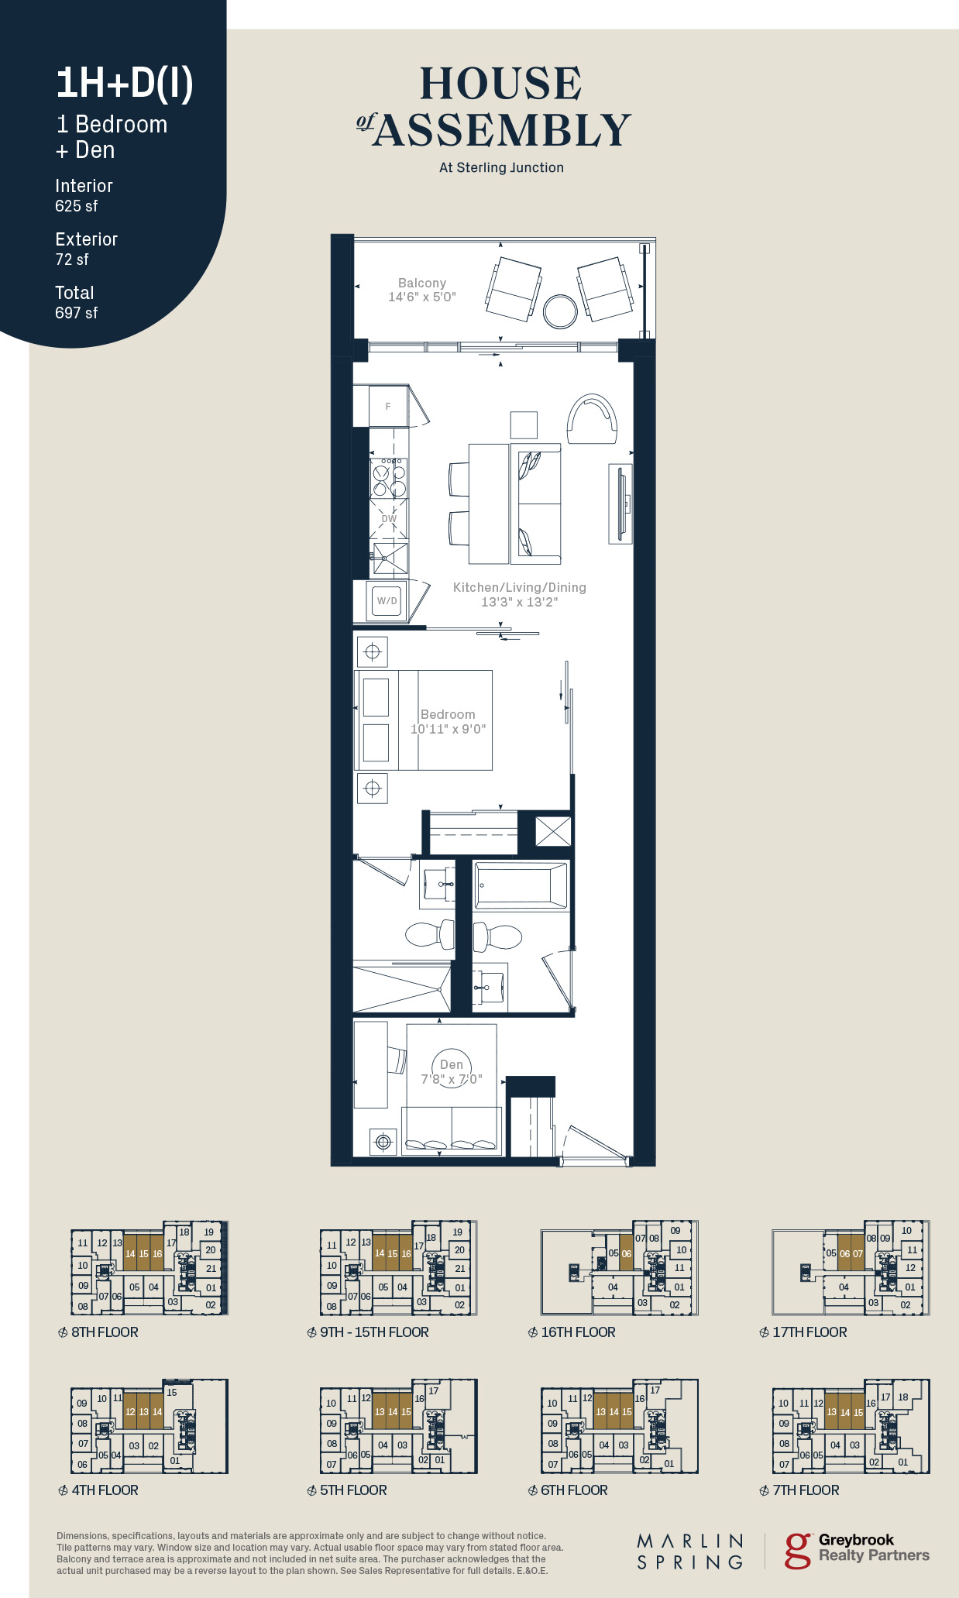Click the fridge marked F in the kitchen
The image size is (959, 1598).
click(x=388, y=406)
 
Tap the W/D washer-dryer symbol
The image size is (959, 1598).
click(x=387, y=600)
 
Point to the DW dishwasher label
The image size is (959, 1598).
click(x=389, y=519)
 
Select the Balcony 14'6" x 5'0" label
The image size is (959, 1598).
click(x=422, y=290)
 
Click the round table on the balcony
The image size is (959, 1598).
click(x=560, y=311)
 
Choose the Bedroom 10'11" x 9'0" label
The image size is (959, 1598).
click(x=448, y=721)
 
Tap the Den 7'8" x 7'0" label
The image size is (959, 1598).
click(x=452, y=1072)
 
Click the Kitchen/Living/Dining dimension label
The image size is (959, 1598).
click(x=520, y=595)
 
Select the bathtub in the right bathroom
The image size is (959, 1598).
click(x=521, y=885)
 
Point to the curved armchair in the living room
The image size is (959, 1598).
click(x=593, y=418)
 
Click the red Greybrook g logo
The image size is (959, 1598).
click(x=798, y=1551)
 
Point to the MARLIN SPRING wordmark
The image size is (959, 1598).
click(x=690, y=1552)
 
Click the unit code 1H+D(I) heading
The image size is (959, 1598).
click(x=125, y=83)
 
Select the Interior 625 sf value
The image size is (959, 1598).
click(x=77, y=206)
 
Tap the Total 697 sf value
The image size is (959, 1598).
click(x=77, y=313)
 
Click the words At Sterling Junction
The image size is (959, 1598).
click(x=501, y=167)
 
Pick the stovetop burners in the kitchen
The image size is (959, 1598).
click(x=389, y=480)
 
